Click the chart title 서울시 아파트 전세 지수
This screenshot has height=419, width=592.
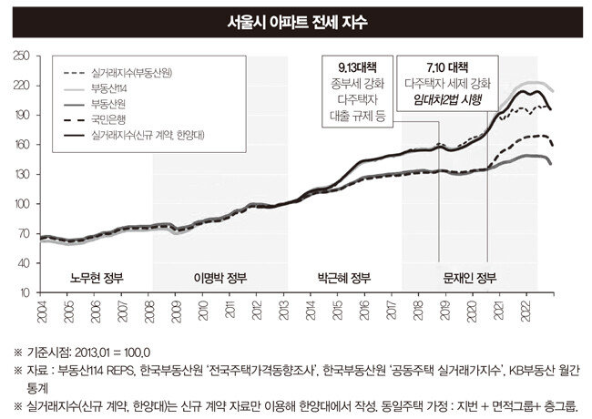coord(295,20)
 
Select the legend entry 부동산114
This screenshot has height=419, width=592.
coord(107,87)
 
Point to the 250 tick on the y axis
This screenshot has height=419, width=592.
coord(23,56)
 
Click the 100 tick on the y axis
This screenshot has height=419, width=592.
coord(23,204)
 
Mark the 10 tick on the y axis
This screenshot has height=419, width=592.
coord(26,292)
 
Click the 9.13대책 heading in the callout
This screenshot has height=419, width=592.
coord(357,66)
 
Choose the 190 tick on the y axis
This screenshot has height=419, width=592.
coord(23,116)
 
